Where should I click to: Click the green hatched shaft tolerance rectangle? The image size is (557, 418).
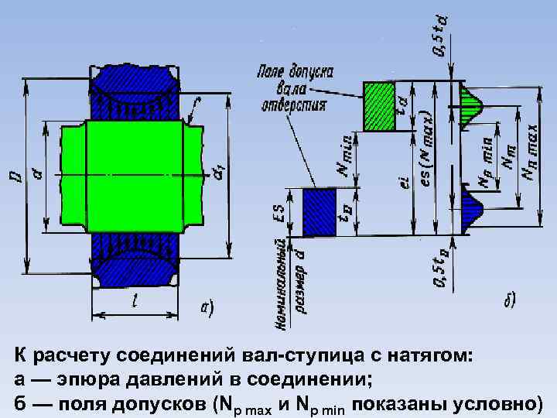click(379, 107)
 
